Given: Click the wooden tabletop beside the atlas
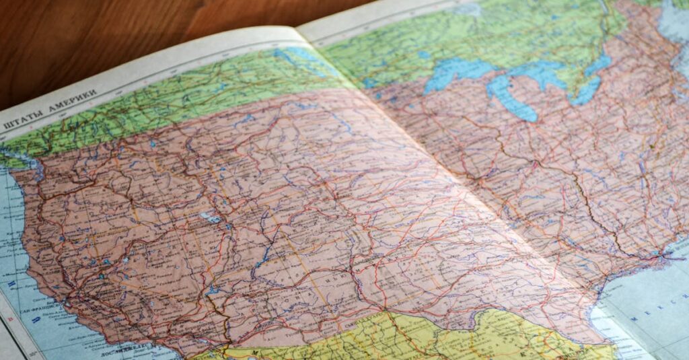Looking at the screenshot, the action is pyautogui.click(x=101, y=40).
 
